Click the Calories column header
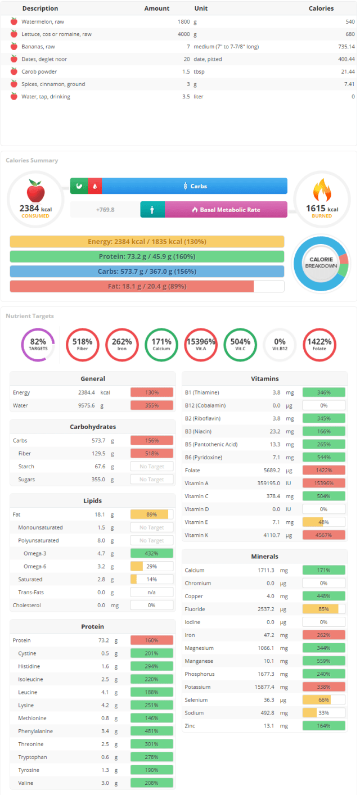click(x=321, y=8)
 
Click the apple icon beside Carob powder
click(x=14, y=71)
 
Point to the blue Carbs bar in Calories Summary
click(x=195, y=186)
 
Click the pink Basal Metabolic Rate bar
click(x=226, y=210)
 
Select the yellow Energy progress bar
click(x=147, y=242)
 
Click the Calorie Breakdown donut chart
click(x=321, y=263)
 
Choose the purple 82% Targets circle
click(x=38, y=345)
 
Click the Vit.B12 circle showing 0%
click(x=280, y=345)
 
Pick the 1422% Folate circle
click(x=319, y=345)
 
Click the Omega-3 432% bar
click(x=152, y=553)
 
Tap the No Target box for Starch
click(x=152, y=466)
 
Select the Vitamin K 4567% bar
click(x=324, y=535)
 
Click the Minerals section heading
click(x=264, y=556)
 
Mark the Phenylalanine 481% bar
click(x=152, y=731)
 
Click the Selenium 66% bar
click(x=324, y=699)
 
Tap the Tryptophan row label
click(x=33, y=757)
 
